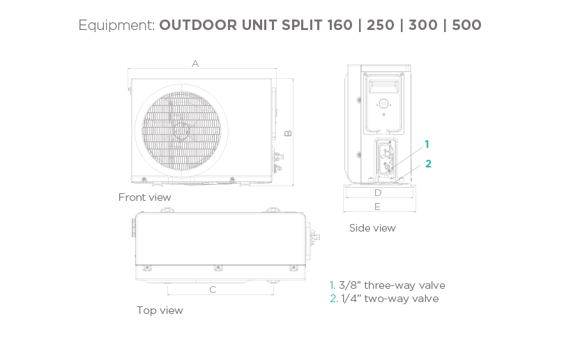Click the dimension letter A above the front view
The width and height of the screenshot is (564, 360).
point(196,63)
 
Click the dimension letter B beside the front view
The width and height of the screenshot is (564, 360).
point(287,133)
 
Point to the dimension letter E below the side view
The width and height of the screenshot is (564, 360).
point(377,207)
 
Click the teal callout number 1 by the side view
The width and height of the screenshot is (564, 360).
point(427,144)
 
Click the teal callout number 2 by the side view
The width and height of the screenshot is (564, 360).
point(429,164)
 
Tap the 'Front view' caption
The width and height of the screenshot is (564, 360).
point(144,197)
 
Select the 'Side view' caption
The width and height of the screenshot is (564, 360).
point(372,228)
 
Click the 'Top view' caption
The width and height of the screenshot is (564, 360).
point(160,310)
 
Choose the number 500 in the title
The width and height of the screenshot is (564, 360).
point(466,26)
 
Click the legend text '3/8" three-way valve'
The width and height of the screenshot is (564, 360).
point(391,285)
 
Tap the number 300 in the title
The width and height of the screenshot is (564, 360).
point(424,26)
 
